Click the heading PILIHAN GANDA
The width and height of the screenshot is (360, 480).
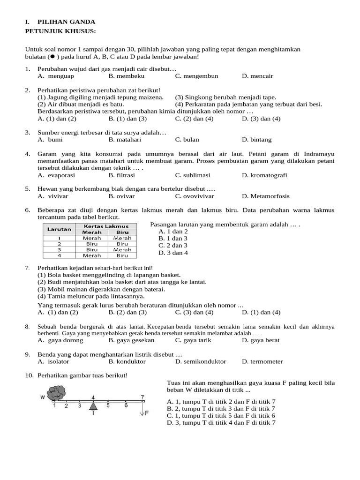click(x=66, y=22)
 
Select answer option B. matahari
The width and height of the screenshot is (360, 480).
click(x=125, y=140)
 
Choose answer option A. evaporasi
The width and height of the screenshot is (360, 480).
click(x=55, y=175)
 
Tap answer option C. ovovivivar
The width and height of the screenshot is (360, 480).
click(x=195, y=196)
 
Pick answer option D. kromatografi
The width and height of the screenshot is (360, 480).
click(x=264, y=175)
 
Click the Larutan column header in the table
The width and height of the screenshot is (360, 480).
click(x=59, y=229)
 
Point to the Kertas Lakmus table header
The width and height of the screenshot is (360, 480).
click(x=106, y=226)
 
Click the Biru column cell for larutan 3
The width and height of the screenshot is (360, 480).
click(x=122, y=250)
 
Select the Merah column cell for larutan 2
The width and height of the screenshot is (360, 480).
click(x=92, y=244)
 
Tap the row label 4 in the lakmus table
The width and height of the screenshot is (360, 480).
click(x=59, y=255)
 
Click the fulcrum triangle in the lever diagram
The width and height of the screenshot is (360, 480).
click(x=93, y=405)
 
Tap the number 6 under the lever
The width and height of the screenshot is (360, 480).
click(x=126, y=405)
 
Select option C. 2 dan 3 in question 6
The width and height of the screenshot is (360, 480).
click(x=173, y=245)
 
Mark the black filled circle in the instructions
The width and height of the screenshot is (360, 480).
click(x=52, y=56)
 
